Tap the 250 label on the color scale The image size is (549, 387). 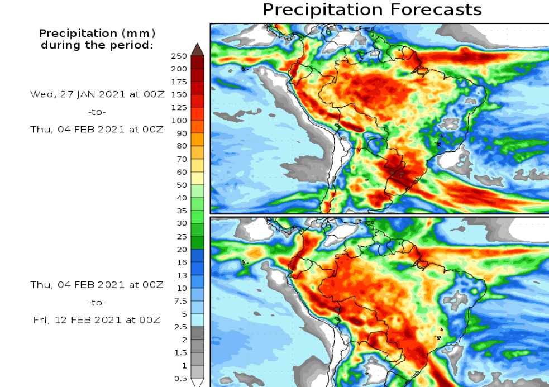point(179,56)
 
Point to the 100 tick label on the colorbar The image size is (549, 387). point(179,121)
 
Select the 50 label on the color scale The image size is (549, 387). point(182,185)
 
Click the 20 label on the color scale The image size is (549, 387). point(182,249)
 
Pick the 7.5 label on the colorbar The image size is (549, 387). point(180,301)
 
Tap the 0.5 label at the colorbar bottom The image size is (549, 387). point(180,378)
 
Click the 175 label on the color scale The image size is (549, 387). point(179,82)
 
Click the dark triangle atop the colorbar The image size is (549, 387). point(197,49)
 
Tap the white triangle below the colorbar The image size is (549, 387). point(197,383)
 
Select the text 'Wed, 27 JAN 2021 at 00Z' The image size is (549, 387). point(97,94)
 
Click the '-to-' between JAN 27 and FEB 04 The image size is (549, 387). point(97,112)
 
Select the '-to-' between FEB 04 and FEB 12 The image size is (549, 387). point(97,302)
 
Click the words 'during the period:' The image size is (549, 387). point(97,45)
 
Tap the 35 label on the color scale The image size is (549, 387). point(182,211)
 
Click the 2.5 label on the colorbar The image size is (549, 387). point(180,327)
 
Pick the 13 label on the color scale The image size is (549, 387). point(182,275)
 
